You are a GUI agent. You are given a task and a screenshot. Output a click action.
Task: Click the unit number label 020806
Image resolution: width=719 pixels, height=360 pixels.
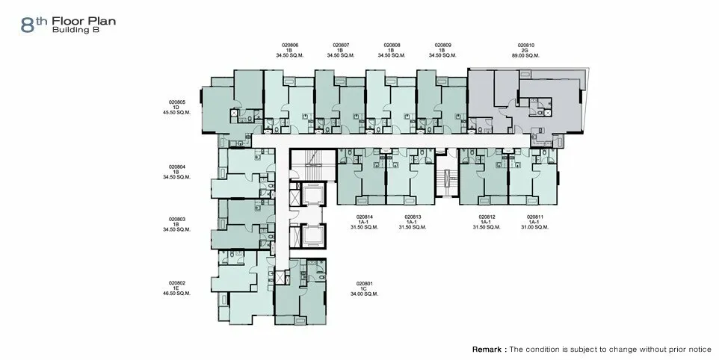tap(290, 46)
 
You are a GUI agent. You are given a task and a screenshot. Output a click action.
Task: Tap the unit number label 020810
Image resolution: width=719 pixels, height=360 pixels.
tap(526, 46)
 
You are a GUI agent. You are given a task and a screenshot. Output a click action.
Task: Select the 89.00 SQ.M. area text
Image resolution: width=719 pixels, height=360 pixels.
tap(526, 55)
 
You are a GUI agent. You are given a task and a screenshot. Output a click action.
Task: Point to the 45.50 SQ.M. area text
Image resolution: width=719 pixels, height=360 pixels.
tap(177, 112)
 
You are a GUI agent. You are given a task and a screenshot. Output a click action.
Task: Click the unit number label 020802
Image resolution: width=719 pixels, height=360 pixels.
tap(177, 283)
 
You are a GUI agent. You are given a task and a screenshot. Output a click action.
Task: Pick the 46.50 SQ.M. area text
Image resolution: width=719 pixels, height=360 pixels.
tap(177, 293)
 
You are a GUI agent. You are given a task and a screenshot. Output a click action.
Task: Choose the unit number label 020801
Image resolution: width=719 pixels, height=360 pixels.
tap(365, 284)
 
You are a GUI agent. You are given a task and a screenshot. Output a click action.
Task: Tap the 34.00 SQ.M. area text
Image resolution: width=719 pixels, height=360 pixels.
tap(365, 294)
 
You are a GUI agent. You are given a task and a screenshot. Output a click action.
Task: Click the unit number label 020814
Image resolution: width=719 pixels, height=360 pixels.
tap(365, 217)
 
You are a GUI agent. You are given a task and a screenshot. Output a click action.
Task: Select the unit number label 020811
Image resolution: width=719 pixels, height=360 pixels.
tap(535, 217)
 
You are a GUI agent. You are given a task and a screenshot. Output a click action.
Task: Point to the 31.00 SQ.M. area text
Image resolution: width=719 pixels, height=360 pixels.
tap(535, 227)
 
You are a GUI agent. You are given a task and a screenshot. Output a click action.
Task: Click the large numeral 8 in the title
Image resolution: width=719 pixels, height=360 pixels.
tap(28, 25)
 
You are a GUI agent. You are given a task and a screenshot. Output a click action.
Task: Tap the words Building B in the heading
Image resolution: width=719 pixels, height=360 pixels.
tap(75, 30)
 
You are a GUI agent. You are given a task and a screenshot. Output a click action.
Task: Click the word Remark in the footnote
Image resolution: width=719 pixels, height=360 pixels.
tap(487, 350)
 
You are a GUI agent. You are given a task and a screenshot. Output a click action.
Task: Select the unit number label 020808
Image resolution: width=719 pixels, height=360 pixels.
tap(392, 46)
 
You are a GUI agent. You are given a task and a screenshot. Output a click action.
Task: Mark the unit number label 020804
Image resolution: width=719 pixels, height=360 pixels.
tap(177, 167)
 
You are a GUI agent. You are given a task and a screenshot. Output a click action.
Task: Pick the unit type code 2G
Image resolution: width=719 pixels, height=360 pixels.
tap(526, 50)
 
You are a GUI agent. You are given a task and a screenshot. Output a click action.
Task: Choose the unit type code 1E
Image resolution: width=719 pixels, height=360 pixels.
tap(177, 288)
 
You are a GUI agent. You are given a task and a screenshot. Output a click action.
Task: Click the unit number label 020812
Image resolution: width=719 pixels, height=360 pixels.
tap(487, 217)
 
